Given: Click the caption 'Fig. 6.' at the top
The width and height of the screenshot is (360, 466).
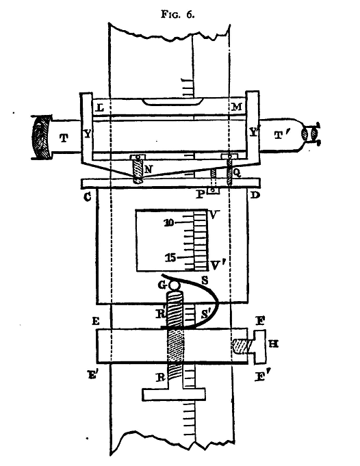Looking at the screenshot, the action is pyautogui.click(x=178, y=14).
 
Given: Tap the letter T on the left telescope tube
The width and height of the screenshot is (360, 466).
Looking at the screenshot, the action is pyautogui.click(x=64, y=138).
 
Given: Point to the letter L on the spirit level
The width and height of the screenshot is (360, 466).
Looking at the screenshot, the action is pyautogui.click(x=101, y=107).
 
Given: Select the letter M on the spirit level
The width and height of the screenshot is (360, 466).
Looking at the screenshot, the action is pyautogui.click(x=236, y=106).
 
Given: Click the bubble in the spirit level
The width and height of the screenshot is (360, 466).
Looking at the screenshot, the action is pyautogui.click(x=172, y=102).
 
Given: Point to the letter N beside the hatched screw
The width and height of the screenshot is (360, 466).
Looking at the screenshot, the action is pyautogui.click(x=149, y=170).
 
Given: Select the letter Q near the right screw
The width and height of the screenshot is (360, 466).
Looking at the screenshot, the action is pyautogui.click(x=236, y=174).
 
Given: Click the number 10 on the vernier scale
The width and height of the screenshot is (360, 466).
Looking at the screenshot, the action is pyautogui.click(x=169, y=222).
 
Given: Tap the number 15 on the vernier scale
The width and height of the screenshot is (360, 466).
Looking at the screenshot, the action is pyautogui.click(x=170, y=258).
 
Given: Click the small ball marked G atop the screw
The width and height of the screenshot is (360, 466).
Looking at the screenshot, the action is pyautogui.click(x=175, y=285).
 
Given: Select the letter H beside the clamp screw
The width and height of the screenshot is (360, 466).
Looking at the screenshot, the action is pyautogui.click(x=274, y=344).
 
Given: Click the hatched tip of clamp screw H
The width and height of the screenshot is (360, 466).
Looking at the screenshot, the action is pyautogui.click(x=240, y=346).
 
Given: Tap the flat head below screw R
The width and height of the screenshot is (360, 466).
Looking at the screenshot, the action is pyautogui.click(x=174, y=394).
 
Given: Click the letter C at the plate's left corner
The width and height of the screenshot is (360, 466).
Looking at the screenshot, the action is pyautogui.click(x=87, y=197).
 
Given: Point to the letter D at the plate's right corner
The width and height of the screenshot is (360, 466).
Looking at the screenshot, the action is pyautogui.click(x=255, y=196).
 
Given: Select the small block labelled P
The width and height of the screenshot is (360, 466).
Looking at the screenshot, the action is pyautogui.click(x=214, y=191).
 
